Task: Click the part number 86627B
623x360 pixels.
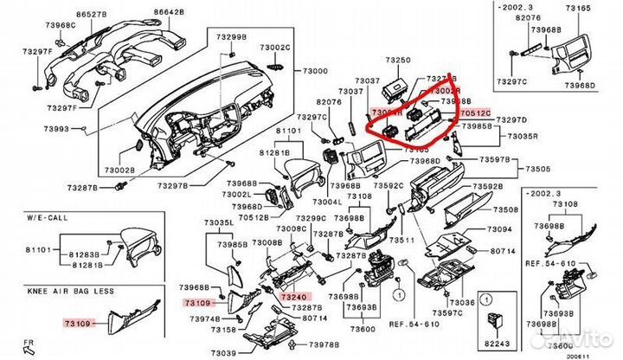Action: coord(92,15)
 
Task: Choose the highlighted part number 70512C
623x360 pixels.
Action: coord(474,113)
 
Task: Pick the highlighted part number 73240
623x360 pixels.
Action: coord(293,297)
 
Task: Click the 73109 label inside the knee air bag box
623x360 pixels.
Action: coord(76,322)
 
